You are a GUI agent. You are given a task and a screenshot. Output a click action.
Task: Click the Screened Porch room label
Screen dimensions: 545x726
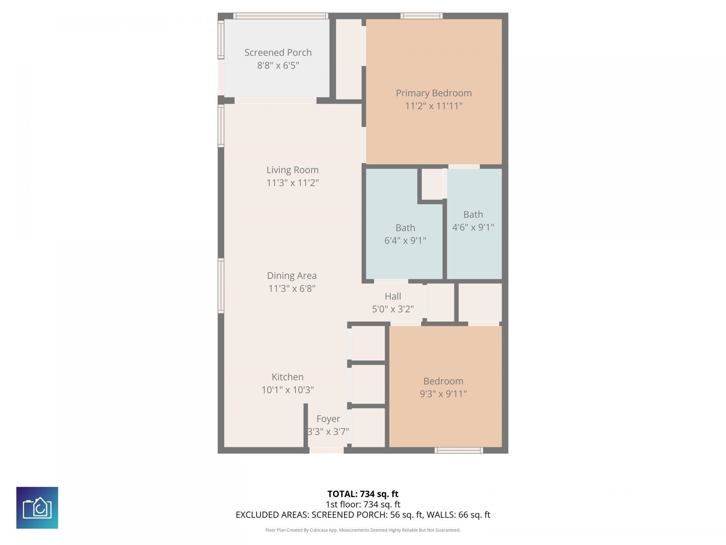click(x=278, y=53)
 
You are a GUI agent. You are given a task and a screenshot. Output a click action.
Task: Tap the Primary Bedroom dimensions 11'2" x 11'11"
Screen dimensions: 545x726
click(x=434, y=106)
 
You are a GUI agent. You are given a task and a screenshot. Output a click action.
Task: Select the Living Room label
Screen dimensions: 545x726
click(x=292, y=170)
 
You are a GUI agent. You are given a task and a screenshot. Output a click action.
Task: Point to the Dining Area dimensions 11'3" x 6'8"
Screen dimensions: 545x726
click(x=292, y=289)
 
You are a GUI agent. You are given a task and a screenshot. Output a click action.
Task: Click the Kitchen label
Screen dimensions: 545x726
click(x=287, y=377)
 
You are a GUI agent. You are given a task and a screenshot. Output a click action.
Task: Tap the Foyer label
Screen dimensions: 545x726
click(x=328, y=419)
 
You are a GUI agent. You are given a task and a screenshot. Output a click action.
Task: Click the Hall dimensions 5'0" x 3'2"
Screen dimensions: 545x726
click(x=392, y=309)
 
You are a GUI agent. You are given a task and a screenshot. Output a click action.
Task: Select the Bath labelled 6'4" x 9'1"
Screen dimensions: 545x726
click(x=405, y=234)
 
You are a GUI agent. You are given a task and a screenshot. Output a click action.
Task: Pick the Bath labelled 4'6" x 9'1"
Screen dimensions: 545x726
click(x=473, y=221)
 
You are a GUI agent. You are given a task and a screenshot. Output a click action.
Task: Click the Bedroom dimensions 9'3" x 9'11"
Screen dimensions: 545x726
click(x=443, y=394)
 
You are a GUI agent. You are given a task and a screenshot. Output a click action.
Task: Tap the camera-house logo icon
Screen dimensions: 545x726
click(x=37, y=508)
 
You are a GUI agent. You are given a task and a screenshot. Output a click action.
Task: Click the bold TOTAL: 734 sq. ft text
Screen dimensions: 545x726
click(x=363, y=494)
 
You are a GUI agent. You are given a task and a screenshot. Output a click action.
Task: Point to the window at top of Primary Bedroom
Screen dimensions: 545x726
click(x=421, y=16)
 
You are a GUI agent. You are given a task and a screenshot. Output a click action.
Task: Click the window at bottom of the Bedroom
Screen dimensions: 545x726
click(x=458, y=450)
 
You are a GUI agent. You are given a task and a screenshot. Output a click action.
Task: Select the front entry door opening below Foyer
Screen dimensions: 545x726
click(x=327, y=450)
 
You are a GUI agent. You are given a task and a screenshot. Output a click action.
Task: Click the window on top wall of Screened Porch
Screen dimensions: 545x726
click(x=280, y=16)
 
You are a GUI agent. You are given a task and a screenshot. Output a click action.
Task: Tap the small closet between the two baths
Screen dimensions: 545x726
click(x=432, y=184)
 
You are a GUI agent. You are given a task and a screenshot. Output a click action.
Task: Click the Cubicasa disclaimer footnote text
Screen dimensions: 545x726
click(x=363, y=530)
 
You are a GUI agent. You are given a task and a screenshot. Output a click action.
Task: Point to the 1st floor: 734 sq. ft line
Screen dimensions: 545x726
click(x=363, y=504)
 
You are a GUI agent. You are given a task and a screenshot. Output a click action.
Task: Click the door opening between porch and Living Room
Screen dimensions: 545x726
click(x=275, y=101)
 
